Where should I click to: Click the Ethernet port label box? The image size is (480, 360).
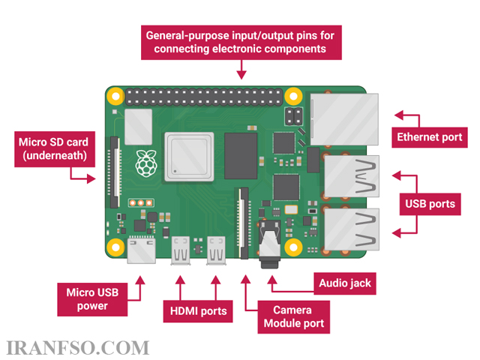[x=430, y=137]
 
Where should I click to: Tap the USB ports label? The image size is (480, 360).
[x=430, y=204]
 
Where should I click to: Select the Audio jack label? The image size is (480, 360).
[x=345, y=283]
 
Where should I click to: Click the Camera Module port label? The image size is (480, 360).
[x=293, y=316]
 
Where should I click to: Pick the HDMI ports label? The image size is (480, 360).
[x=198, y=311]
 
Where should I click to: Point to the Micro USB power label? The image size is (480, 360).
[x=92, y=299]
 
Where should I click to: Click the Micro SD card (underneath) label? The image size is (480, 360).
[x=55, y=149]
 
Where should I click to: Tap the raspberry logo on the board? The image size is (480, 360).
[x=146, y=163]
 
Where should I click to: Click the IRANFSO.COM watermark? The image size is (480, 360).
[x=77, y=348]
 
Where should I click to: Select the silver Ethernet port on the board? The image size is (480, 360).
[x=344, y=119]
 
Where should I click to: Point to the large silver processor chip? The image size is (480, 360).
[x=189, y=157]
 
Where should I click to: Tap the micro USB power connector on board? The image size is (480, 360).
[x=142, y=250]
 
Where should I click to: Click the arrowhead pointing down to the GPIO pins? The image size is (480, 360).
[x=241, y=75]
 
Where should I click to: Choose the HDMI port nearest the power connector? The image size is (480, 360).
[x=180, y=250]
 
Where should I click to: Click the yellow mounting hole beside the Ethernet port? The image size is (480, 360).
[x=293, y=96]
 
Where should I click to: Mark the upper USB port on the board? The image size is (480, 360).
[x=352, y=176]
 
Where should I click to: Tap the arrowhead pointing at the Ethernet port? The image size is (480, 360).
[x=399, y=115]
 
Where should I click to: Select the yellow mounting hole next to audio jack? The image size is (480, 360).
[x=293, y=247]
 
